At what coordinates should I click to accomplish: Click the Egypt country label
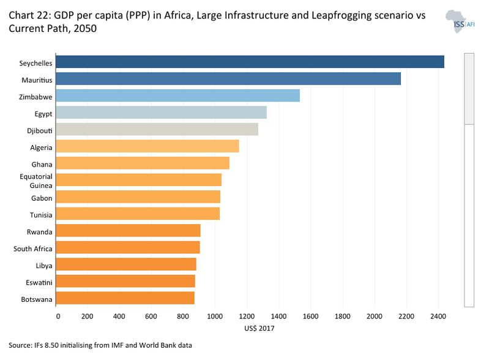(x=43, y=113)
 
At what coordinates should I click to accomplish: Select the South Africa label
(x=33, y=249)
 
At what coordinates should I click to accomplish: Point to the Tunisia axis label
(x=41, y=215)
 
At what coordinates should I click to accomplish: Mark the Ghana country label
(x=42, y=164)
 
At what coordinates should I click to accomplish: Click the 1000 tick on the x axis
(x=215, y=316)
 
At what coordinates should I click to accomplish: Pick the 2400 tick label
(x=437, y=316)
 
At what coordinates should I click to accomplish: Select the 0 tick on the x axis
(x=58, y=316)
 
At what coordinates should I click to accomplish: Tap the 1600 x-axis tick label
(x=310, y=316)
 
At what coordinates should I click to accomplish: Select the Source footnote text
(x=100, y=346)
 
